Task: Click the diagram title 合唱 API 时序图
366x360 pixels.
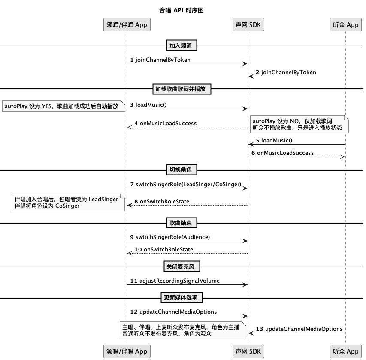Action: tap(181, 10)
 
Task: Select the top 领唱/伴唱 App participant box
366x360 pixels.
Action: tap(127, 25)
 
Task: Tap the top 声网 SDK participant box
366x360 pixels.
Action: tap(248, 25)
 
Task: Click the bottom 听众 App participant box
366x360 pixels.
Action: tap(345, 351)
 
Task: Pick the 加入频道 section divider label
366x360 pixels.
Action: tap(181, 45)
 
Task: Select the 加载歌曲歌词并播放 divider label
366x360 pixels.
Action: tap(182, 89)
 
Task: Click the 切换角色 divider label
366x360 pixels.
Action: tap(181, 170)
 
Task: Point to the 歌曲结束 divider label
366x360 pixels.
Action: tap(181, 223)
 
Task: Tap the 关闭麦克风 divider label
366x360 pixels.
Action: tap(182, 266)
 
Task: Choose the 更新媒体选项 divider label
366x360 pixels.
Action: tap(182, 297)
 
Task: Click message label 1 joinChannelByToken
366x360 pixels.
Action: tap(160, 60)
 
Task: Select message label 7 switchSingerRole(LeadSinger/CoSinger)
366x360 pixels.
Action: tap(186, 185)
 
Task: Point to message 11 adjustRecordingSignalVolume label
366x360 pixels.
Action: tap(175, 281)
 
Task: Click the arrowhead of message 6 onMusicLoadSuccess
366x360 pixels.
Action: tap(343, 157)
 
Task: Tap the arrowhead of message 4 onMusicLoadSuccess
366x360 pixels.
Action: tap(129, 127)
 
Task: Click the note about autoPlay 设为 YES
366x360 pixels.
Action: tap(64, 106)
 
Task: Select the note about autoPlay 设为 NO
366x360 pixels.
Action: tap(299, 124)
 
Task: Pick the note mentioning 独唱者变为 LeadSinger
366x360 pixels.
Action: tap(68, 203)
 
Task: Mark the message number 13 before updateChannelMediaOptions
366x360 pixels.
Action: tap(259, 329)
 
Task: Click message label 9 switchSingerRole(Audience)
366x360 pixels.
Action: tap(170, 237)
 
